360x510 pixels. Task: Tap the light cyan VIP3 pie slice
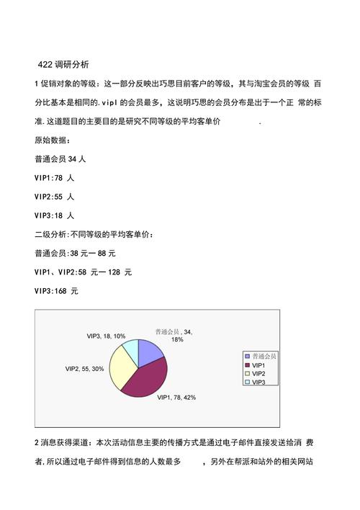[x=130, y=349]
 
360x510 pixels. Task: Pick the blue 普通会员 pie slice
[x=150, y=350]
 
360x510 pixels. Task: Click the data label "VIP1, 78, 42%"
[x=176, y=397]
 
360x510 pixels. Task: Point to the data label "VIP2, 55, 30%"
[x=84, y=369]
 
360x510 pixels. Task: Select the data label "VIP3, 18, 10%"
[x=106, y=336]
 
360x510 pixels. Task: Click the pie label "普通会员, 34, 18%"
[x=175, y=335]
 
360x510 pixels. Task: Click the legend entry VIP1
[x=259, y=365]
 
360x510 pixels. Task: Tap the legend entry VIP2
[x=259, y=374]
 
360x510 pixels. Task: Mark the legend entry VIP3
[x=259, y=382]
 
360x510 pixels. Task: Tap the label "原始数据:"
[x=53, y=140]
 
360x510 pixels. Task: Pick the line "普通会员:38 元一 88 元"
[x=75, y=254]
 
